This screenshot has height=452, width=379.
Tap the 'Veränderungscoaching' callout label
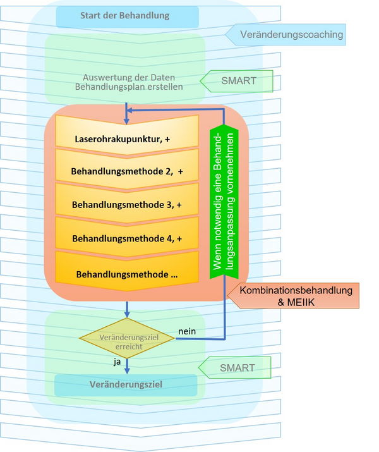point(287,34)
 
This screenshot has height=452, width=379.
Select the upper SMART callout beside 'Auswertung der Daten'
point(237,81)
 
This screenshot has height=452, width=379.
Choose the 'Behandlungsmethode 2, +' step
point(126,171)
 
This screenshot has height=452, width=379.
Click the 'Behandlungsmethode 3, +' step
point(126,205)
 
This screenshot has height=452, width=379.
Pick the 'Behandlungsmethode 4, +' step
point(126,238)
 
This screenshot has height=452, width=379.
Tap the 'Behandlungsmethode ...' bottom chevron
point(126,274)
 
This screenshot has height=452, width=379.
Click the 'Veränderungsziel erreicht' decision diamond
point(127,338)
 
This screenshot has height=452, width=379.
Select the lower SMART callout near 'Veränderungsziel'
point(236,367)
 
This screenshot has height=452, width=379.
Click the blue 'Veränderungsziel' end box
point(126,384)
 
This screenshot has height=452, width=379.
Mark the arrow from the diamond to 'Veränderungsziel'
point(127,365)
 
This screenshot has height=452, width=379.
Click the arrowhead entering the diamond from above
point(127,314)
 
